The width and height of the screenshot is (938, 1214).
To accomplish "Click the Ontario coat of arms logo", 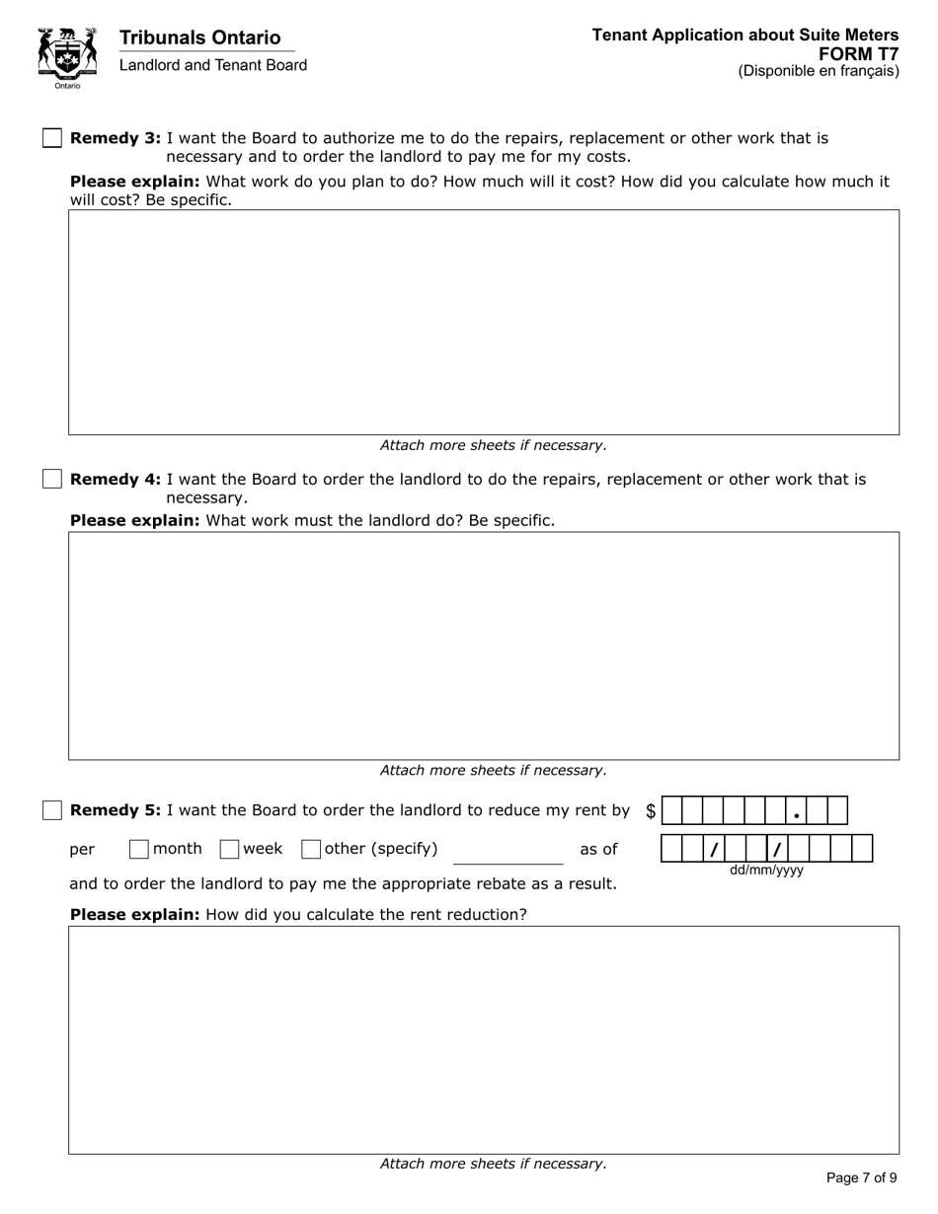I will pyautogui.click(x=67, y=57).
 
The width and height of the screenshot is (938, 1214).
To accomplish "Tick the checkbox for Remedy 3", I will pyautogui.click(x=52, y=138).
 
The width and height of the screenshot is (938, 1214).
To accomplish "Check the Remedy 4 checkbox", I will pyautogui.click(x=52, y=479).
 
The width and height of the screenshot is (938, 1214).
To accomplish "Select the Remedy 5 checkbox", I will pyautogui.click(x=52, y=810).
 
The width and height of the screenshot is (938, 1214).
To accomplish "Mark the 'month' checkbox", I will pyautogui.click(x=139, y=849).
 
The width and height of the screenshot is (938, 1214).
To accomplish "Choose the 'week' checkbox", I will pyautogui.click(x=229, y=849).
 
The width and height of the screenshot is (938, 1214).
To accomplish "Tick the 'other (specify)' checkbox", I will pyautogui.click(x=311, y=849).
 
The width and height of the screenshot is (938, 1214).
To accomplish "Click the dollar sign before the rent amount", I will pyautogui.click(x=651, y=811).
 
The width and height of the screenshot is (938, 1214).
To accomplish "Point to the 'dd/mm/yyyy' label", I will pyautogui.click(x=766, y=871).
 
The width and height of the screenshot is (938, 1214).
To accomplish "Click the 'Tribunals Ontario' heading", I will pyautogui.click(x=199, y=38).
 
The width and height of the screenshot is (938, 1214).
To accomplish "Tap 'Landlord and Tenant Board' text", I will pyautogui.click(x=213, y=65).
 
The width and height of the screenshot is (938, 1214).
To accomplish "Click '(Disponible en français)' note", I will pyautogui.click(x=819, y=71).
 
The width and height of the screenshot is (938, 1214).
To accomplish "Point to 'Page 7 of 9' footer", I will pyautogui.click(x=861, y=1177).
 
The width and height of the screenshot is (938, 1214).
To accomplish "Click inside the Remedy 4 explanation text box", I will pyautogui.click(x=484, y=645).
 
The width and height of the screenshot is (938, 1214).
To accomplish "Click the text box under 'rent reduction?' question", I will pyautogui.click(x=484, y=1039).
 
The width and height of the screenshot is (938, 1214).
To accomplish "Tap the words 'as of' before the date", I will pyautogui.click(x=598, y=849).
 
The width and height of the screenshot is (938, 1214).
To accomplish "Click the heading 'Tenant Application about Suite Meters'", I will pyautogui.click(x=745, y=36).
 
